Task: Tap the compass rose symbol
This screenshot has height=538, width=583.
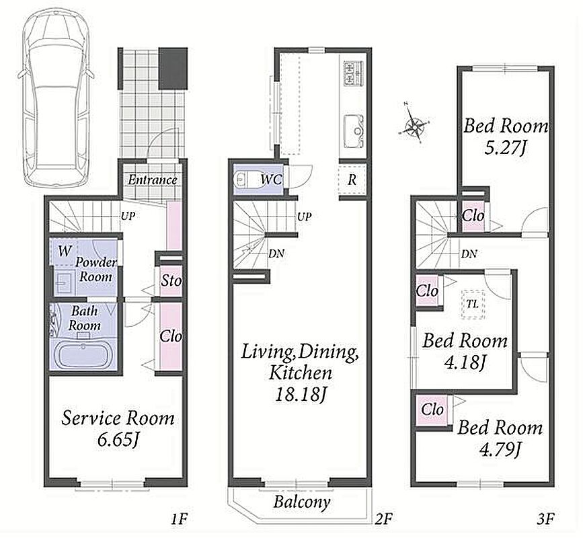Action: click(414, 123)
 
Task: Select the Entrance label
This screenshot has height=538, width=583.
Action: click(153, 180)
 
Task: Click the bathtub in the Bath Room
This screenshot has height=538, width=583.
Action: click(83, 356)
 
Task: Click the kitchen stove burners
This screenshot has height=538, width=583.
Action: click(353, 72)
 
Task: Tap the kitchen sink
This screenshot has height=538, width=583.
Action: click(353, 131)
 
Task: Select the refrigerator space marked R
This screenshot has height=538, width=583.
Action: click(352, 180)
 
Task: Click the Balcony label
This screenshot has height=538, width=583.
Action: click(301, 502)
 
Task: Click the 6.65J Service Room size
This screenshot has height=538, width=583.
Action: click(118, 440)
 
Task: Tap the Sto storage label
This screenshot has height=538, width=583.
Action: click(171, 280)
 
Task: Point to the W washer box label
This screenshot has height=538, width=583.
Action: click(65, 251)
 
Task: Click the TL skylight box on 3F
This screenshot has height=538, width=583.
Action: click(472, 304)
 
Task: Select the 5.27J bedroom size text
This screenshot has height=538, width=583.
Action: click(505, 149)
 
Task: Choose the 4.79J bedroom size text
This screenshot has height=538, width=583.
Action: click(499, 451)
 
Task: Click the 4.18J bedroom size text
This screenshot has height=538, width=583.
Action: click(465, 362)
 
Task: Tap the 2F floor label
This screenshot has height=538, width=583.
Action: click(383, 518)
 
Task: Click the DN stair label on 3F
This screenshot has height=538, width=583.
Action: click(469, 254)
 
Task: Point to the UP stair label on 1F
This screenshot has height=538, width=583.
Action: click(128, 216)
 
